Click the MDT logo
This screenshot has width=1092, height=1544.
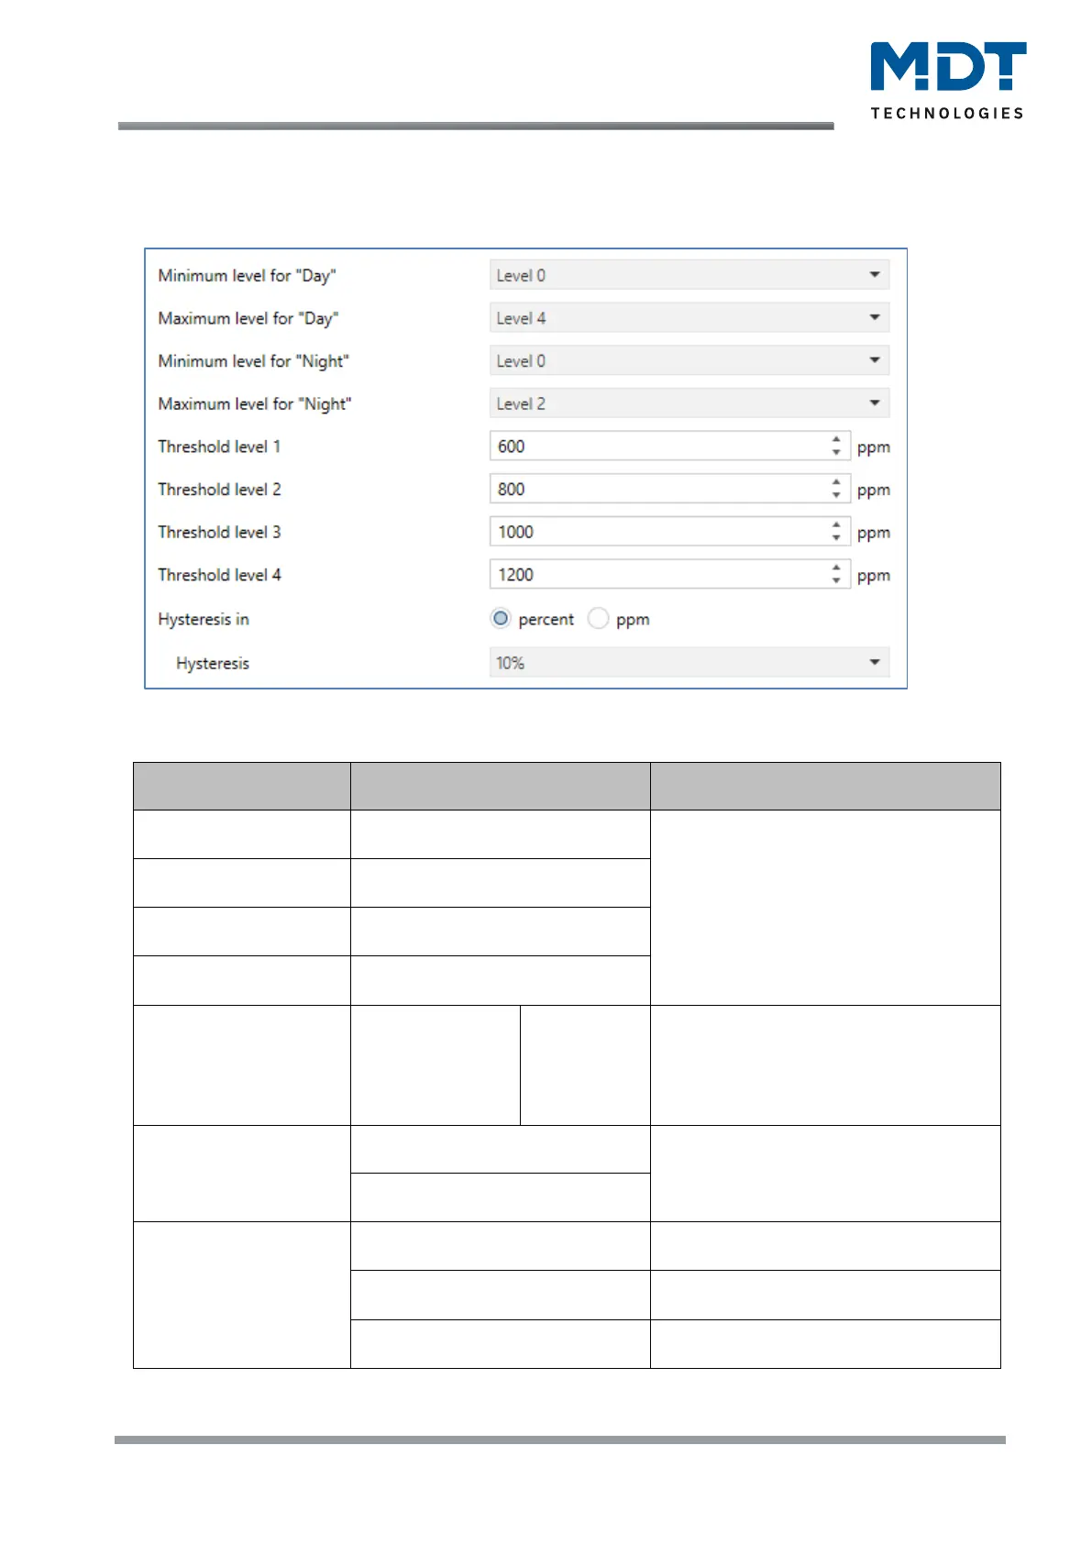coord(947,66)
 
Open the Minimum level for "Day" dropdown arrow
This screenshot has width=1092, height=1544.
coord(874,275)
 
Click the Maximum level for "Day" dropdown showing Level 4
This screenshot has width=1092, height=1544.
coord(688,318)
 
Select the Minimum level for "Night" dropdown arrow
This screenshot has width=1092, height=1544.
coord(874,360)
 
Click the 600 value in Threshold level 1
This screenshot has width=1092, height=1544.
coord(512,447)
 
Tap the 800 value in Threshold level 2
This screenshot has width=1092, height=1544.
coord(512,490)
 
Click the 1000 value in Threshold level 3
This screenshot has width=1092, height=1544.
coord(515,532)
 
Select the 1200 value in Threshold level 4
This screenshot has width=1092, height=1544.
coord(515,575)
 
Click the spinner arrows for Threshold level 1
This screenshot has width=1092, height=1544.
coord(836,447)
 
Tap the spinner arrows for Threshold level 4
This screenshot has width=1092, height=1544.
coord(836,575)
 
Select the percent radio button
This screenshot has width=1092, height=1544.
coord(501,619)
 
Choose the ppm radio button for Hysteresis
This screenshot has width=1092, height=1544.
coord(599,619)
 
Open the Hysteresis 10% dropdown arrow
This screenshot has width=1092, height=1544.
coord(874,662)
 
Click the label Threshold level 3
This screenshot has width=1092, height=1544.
coord(219,532)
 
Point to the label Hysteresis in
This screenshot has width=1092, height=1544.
coord(204,619)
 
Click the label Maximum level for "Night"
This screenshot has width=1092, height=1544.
coord(254,403)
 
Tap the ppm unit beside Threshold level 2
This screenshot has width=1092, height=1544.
coord(873,490)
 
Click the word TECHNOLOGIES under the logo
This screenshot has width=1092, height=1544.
coord(947,113)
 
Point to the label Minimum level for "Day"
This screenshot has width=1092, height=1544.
coord(247,275)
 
